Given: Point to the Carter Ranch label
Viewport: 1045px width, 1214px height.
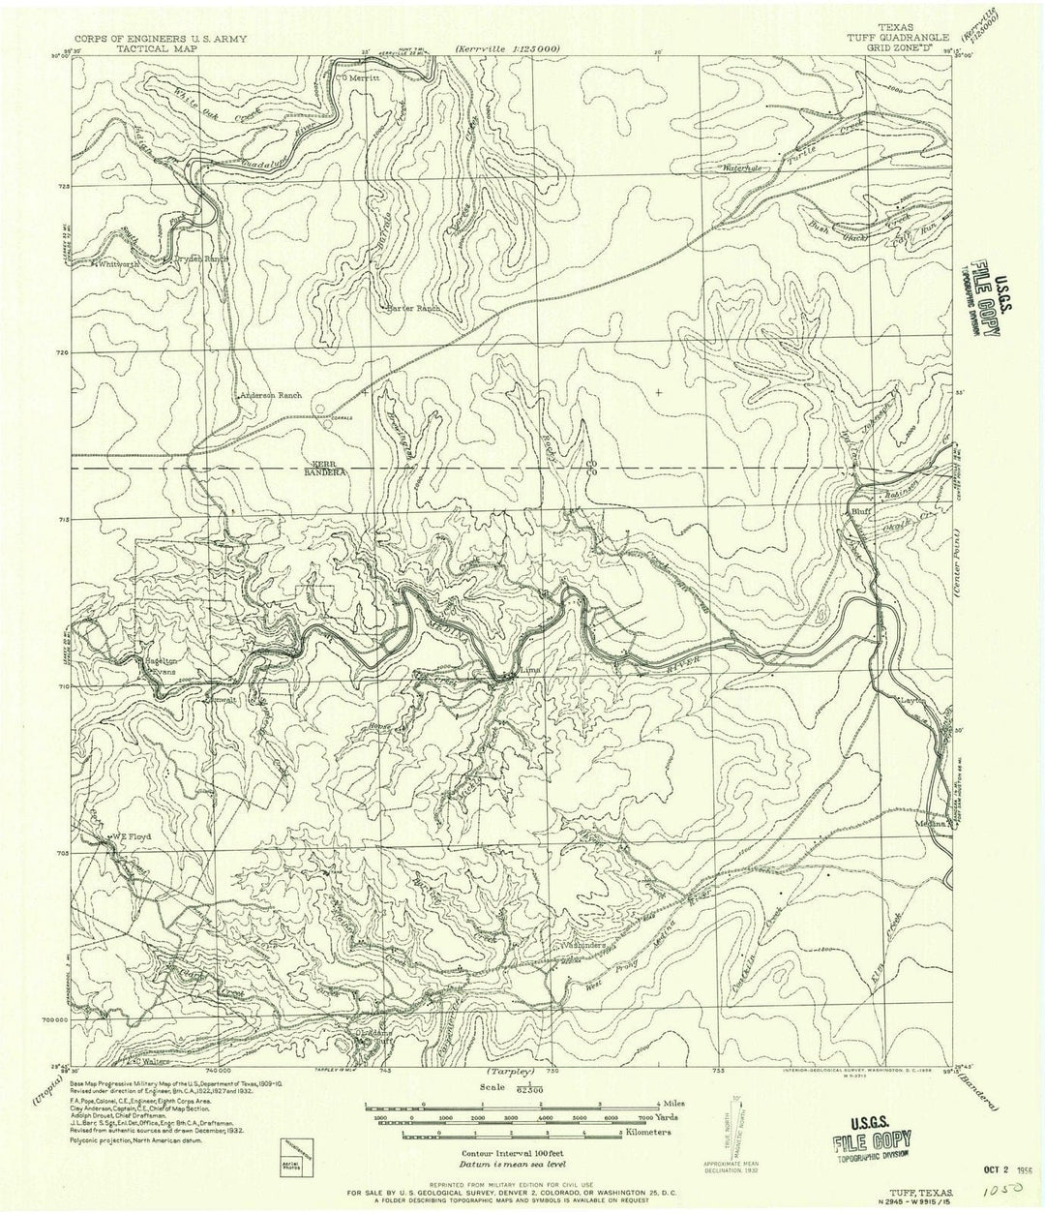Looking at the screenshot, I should point(413,309).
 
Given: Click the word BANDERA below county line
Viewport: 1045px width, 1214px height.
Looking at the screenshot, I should point(328,473).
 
